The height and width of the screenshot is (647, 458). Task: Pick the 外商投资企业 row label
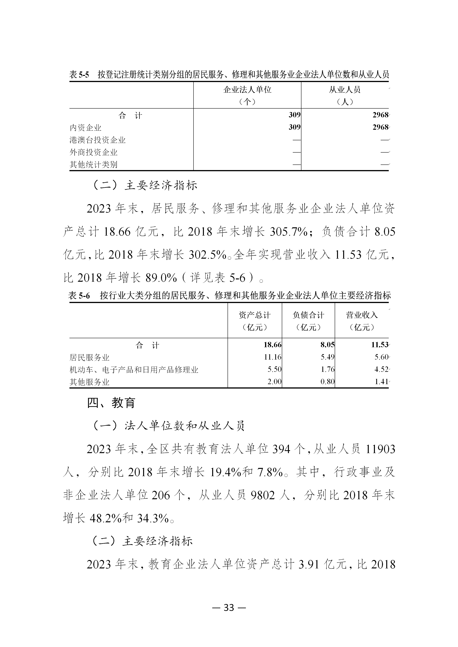(93, 152)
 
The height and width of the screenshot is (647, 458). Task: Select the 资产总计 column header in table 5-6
(255, 315)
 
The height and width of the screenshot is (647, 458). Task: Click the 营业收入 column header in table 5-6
(362, 315)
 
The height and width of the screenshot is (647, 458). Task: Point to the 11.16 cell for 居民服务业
(272, 357)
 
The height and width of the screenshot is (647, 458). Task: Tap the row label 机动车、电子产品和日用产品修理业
(134, 370)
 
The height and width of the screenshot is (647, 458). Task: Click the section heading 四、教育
(111, 403)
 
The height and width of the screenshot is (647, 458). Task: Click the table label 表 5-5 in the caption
(79, 75)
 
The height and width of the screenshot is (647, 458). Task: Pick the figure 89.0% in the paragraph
(161, 278)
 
